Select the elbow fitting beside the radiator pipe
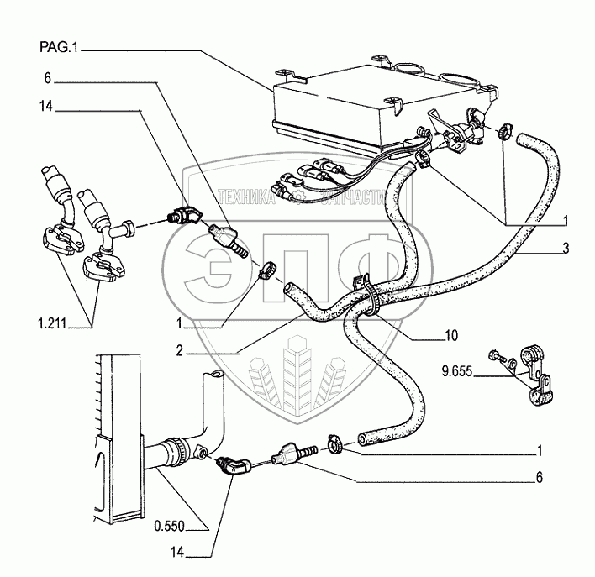pyautogui.click(x=234, y=464)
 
